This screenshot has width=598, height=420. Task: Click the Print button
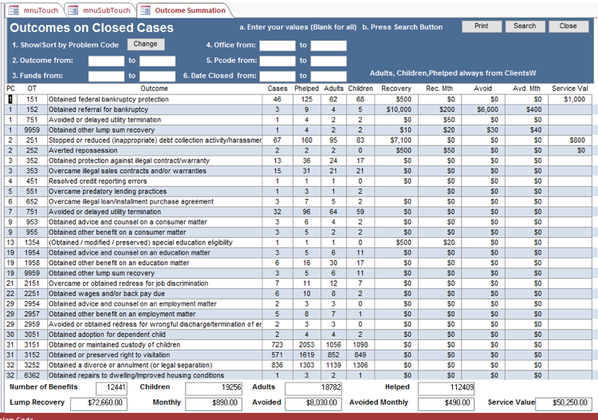point(482,26)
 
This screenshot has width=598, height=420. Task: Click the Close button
point(568,26)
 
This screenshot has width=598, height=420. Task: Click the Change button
point(145,45)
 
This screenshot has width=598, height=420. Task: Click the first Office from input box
point(277,46)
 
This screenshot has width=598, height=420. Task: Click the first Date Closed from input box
point(277,76)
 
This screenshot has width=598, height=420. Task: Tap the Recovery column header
point(396,89)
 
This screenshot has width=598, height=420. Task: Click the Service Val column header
point(569,89)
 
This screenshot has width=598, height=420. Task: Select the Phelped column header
point(306,89)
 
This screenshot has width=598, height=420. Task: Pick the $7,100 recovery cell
point(399,140)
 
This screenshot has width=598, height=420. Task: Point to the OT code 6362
point(32,375)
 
